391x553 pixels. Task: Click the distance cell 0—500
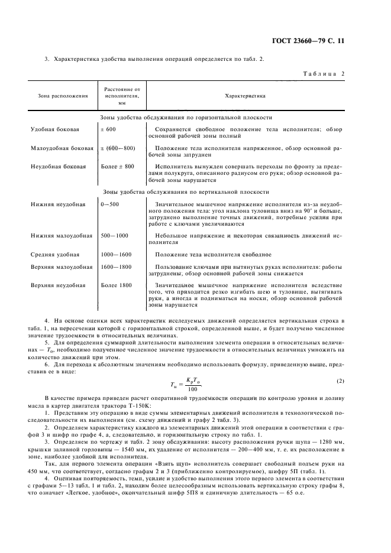110,204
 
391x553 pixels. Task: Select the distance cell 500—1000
114,236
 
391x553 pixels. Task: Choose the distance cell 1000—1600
116,255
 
